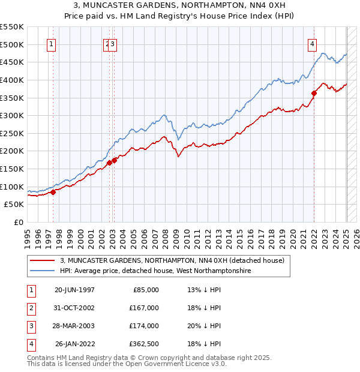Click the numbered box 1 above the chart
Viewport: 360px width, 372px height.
pos(52,43)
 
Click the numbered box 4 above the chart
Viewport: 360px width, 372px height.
pos(313,43)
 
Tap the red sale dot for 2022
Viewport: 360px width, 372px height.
pos(314,93)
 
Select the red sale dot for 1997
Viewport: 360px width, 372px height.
pos(53,192)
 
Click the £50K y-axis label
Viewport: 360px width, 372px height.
pos(14,205)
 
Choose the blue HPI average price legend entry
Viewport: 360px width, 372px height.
pos(155,271)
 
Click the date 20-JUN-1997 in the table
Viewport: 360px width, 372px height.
pos(74,290)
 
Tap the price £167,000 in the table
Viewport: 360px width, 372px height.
pos(145,308)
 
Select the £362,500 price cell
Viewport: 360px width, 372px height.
pos(145,344)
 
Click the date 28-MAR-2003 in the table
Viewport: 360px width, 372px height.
pos(74,326)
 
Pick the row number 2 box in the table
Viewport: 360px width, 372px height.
pos(31,308)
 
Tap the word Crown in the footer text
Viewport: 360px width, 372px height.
pos(141,358)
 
